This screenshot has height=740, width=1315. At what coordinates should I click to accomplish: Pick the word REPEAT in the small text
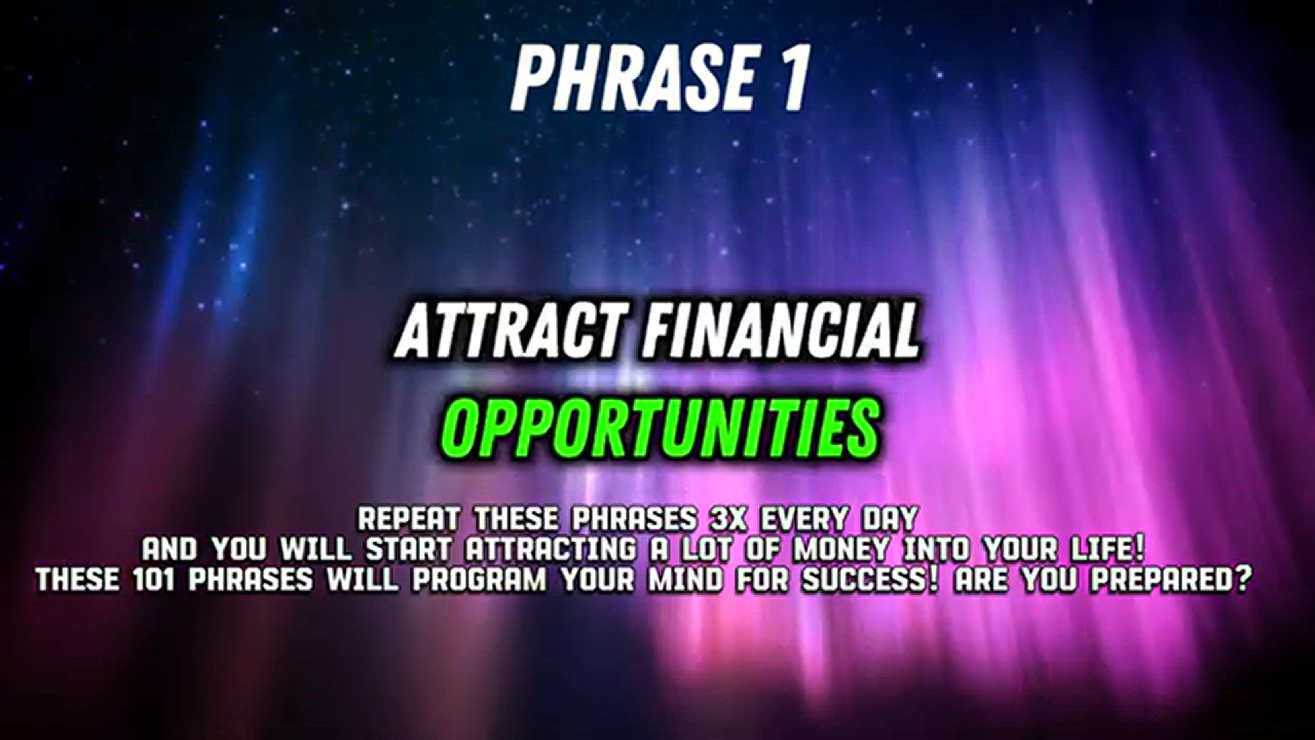point(409,519)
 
